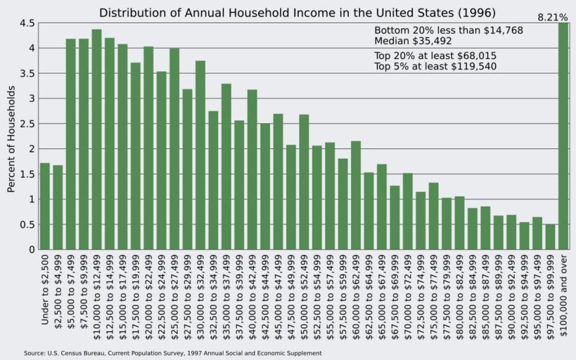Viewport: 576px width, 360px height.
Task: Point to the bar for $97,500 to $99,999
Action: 550,236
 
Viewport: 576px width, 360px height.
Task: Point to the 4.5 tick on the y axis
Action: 27,23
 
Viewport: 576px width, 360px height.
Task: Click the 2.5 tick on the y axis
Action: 27,124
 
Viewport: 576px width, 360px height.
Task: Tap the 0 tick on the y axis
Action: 32,250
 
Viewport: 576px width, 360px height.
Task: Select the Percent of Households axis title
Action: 11,139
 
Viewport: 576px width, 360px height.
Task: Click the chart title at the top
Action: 297,13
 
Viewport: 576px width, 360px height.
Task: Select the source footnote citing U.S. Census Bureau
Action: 172,353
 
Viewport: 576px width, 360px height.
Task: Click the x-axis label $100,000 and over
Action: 564,295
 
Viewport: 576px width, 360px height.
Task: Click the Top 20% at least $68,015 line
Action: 437,56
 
